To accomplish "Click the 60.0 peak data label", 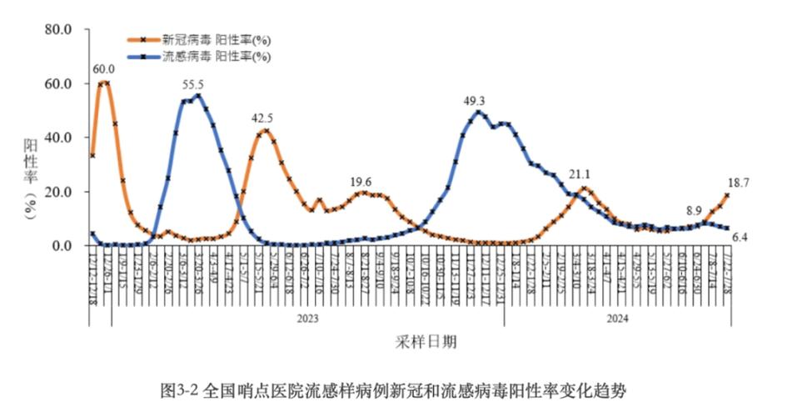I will coord(104,69).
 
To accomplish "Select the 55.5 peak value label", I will coord(193,84).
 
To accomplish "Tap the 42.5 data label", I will coord(262,118).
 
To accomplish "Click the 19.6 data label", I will coord(361,182).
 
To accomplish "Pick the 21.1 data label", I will coord(579,174).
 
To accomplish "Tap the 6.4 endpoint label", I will coord(740,238).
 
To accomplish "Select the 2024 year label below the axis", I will coord(616,318).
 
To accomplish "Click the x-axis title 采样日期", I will coord(425,343).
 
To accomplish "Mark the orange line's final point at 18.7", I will coord(727,195).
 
